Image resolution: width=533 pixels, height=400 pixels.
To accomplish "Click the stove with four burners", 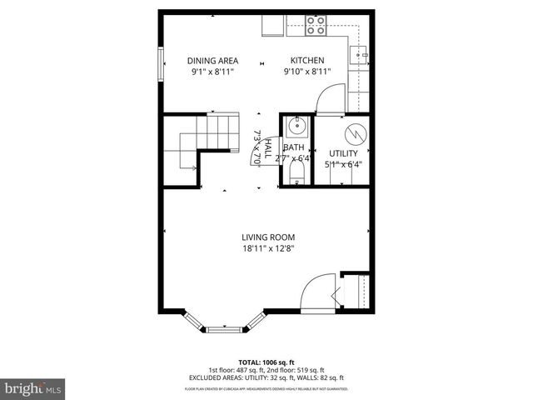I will [316, 25].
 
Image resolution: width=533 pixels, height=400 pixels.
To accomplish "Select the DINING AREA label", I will [212, 61].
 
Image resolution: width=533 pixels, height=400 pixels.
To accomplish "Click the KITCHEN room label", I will [306, 61].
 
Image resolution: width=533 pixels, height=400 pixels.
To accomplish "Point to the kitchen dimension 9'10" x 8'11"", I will [306, 72].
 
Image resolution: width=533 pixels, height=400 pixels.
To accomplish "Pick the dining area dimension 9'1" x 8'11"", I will [212, 72].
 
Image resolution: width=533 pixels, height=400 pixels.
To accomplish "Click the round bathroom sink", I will [296, 127].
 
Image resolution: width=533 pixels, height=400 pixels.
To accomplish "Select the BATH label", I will [294, 148].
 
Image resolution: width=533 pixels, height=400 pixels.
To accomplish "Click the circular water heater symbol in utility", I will [355, 133].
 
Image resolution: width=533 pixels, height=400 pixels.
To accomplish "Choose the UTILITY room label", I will [343, 153].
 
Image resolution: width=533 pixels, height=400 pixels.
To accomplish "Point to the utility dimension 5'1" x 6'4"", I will [343, 164].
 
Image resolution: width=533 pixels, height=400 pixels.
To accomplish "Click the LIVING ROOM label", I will [268, 237].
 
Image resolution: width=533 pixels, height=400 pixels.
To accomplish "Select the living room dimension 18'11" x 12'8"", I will [268, 247].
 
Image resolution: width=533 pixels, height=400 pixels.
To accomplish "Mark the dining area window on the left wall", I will [161, 63].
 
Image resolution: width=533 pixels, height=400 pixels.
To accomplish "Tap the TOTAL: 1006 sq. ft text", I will [266, 362].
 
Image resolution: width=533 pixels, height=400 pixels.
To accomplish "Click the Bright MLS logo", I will [33, 388].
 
